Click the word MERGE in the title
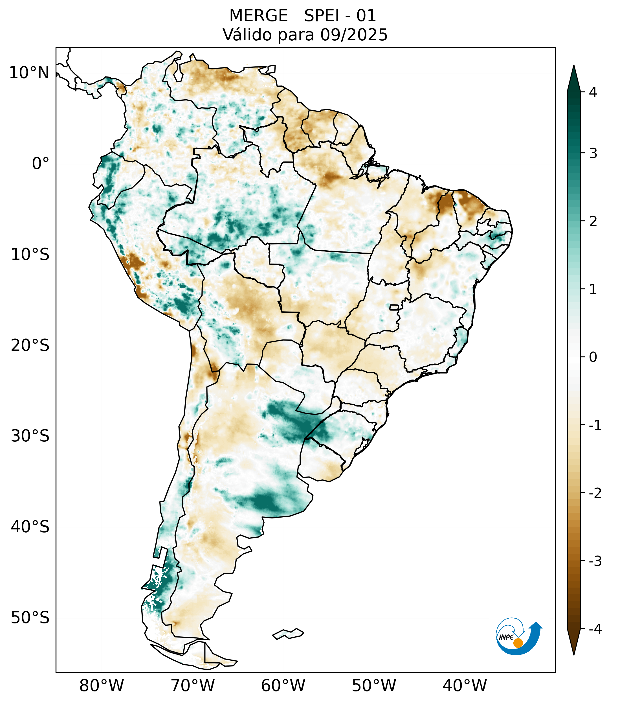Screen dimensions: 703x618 (258, 16)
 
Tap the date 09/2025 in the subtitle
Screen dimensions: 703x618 (354, 35)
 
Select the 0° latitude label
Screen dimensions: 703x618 (41, 164)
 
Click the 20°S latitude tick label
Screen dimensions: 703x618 (30, 346)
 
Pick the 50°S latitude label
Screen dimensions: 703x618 (30, 618)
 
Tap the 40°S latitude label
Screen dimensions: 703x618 (30, 527)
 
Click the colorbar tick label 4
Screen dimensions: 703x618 (593, 92)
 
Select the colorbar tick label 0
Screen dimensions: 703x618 (593, 357)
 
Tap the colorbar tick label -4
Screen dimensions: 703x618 (595, 629)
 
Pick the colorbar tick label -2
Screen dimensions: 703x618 (595, 493)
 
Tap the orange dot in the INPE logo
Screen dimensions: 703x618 (518, 643)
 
